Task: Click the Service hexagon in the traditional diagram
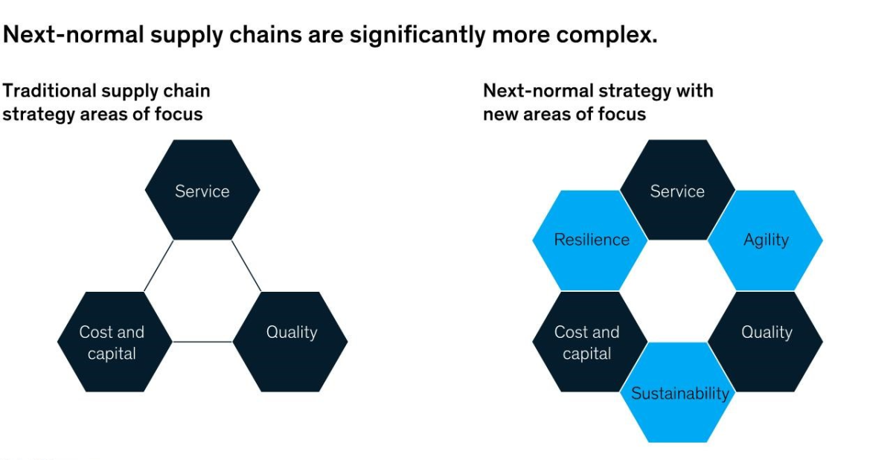(202, 190)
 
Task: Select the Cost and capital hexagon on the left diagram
(115, 342)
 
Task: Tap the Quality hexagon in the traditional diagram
(290, 342)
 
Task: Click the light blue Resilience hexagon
(590, 240)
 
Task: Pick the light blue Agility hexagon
(766, 240)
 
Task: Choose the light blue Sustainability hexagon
(678, 392)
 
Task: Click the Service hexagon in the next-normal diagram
(678, 190)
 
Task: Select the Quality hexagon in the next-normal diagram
(766, 342)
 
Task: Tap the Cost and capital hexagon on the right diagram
(590, 342)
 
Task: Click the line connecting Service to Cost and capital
(159, 266)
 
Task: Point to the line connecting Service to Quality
(246, 266)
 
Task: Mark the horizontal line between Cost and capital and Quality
(202, 342)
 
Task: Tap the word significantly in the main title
(417, 36)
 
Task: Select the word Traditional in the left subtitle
(50, 91)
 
